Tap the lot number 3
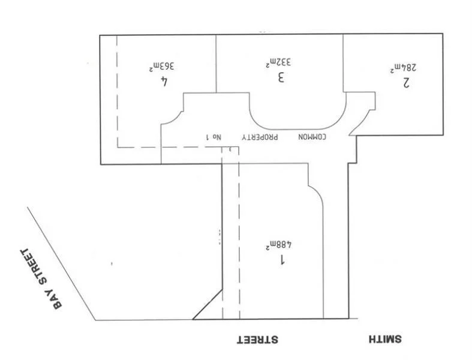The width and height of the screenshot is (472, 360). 280,78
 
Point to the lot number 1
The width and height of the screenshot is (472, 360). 280,260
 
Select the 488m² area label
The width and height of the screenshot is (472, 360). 278,245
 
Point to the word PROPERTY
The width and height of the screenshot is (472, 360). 260,137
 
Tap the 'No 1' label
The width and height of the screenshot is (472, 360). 214,137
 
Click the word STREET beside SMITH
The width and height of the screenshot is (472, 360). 256,340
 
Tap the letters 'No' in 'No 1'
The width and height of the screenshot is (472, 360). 217,137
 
